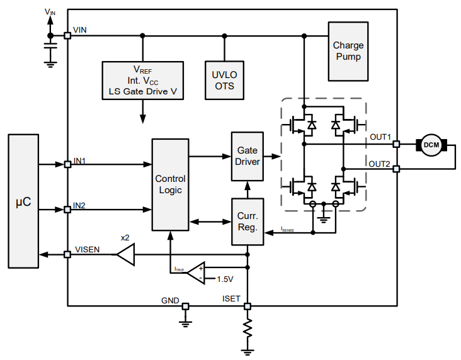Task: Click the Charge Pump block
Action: pos(348,52)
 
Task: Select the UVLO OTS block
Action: pos(224,80)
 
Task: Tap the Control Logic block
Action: pos(170,184)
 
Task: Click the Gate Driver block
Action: pos(247,157)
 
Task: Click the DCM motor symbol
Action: pos(431,145)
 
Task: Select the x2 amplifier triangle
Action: pos(125,255)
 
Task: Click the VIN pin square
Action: pos(67,35)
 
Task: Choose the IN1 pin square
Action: pos(67,165)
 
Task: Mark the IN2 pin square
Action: pos(67,209)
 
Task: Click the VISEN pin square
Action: pos(67,255)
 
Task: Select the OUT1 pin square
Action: pos(396,144)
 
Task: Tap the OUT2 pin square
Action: pos(396,169)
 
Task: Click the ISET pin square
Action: pos(248,307)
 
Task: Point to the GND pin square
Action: pos(185,307)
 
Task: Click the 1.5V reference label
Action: pos(225,279)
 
